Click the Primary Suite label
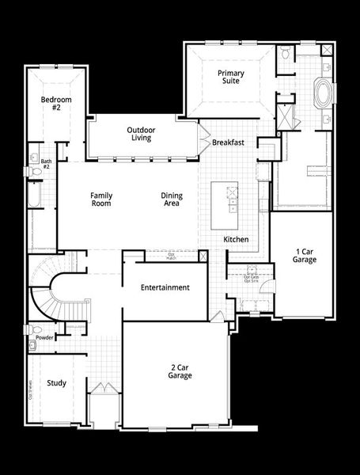pos(231,78)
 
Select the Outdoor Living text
pos(141,135)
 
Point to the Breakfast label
pos(228,142)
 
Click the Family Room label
pos(100,199)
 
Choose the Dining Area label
pos(171,199)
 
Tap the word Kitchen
pos(237,239)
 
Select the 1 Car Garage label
pos(305,255)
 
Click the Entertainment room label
pos(165,287)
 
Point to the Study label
pos(56,384)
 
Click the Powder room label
pos(44,336)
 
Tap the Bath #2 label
pos(46,165)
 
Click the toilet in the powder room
pos(32,329)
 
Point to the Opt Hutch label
pos(171,256)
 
